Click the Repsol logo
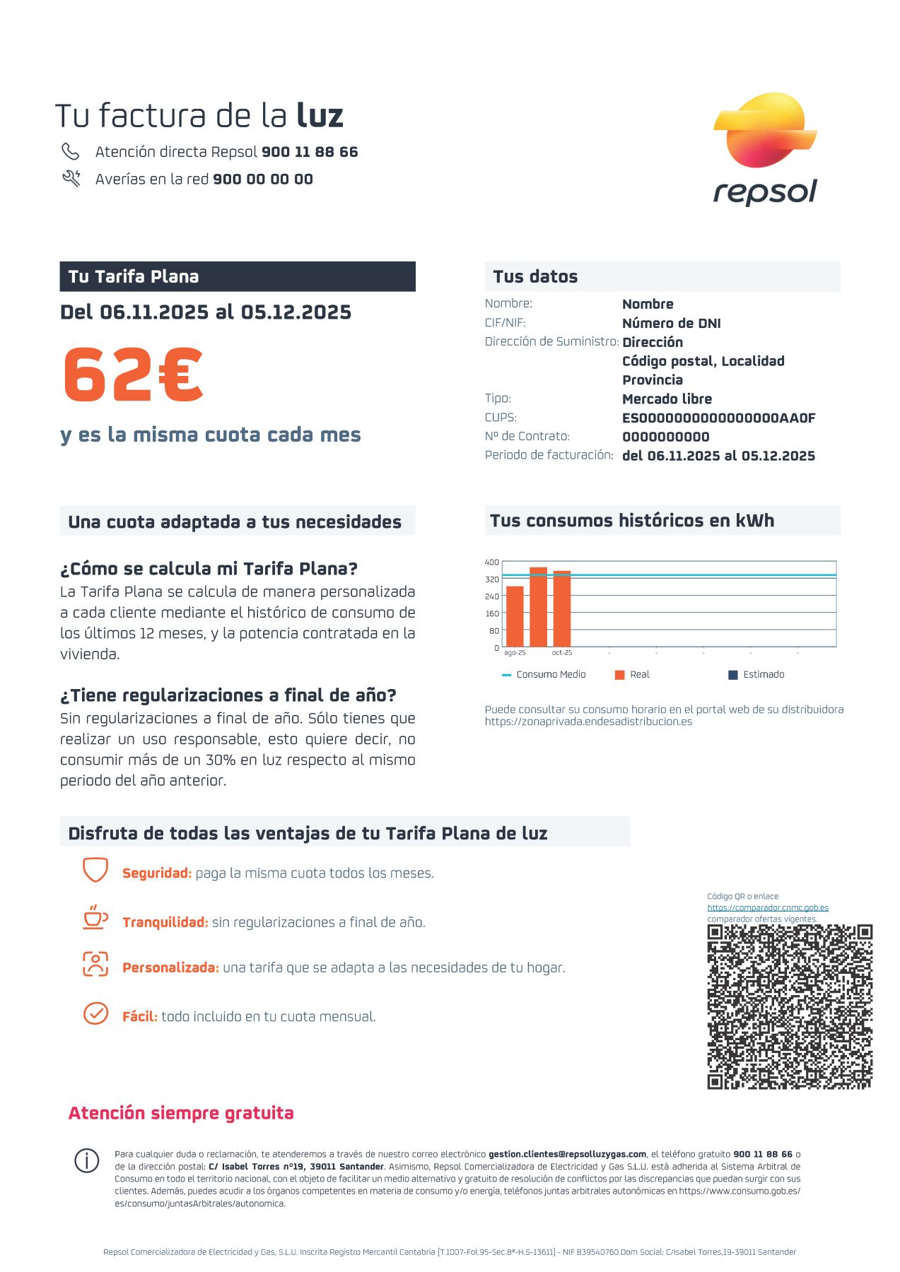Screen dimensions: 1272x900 [x=765, y=148]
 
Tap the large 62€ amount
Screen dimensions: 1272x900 [x=134, y=375]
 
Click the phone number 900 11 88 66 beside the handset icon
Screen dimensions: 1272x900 [x=310, y=152]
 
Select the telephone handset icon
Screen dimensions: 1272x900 [x=71, y=151]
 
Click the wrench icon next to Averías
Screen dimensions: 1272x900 [x=71, y=178]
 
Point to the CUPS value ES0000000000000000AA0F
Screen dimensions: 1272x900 [x=718, y=418]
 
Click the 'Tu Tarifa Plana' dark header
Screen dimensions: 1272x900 [x=238, y=276]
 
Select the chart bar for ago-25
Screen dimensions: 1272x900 [x=515, y=616]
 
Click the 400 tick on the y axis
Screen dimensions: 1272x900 [x=491, y=563]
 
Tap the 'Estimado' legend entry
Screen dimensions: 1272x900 [x=756, y=675]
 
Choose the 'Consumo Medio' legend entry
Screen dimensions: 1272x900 [x=544, y=675]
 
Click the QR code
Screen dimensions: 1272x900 [x=790, y=1006]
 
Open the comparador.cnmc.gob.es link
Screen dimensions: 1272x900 [x=768, y=908]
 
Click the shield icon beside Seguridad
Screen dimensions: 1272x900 [x=95, y=870]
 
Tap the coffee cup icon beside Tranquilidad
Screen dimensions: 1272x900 [x=95, y=918]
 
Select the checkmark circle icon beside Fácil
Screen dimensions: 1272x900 [x=95, y=1013]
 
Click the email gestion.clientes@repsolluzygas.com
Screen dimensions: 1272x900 [x=567, y=1154]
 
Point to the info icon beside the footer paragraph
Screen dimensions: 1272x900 [x=87, y=1160]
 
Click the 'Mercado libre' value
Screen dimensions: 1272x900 [x=667, y=399]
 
